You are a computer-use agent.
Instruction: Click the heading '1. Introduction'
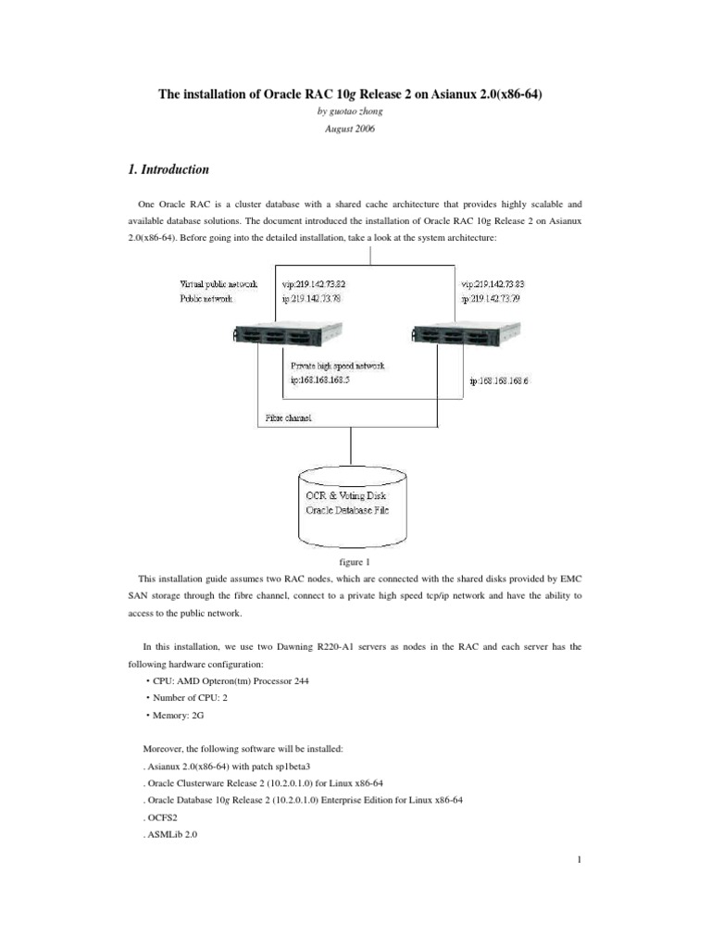coord(167,170)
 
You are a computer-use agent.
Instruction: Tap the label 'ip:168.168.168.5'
coord(327,380)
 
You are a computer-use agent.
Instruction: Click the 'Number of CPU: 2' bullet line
coord(190,698)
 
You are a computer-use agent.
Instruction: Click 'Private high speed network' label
coord(338,366)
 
